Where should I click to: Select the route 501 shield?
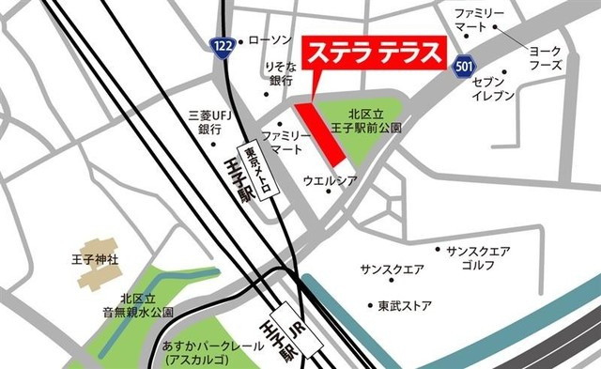[x=462, y=67]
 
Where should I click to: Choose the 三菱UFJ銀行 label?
[x=208, y=121]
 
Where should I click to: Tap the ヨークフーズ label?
[x=546, y=58]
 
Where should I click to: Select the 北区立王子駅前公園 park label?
[x=373, y=119]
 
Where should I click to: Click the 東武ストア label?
[x=405, y=306]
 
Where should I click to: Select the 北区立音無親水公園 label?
[x=138, y=303]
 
